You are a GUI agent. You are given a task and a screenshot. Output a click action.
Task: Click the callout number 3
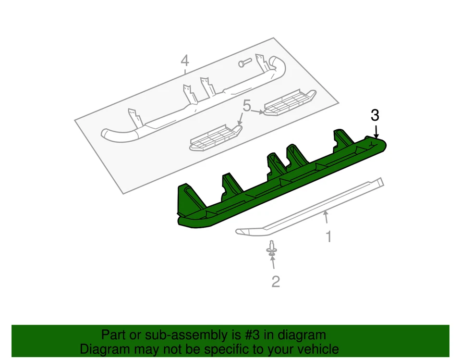pos(375,115)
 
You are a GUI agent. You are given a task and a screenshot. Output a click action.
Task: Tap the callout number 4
pos(184,61)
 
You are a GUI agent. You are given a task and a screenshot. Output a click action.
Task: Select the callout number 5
pos(247,106)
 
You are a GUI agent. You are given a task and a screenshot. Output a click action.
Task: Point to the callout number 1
pos(329,236)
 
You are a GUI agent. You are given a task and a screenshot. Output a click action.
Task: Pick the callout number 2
pos(275,281)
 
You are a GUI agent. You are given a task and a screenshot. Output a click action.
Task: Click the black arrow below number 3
pos(376,131)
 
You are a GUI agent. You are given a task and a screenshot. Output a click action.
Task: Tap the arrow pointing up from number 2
pos(273,262)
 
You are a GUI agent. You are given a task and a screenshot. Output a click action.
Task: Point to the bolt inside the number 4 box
pos(244,63)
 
